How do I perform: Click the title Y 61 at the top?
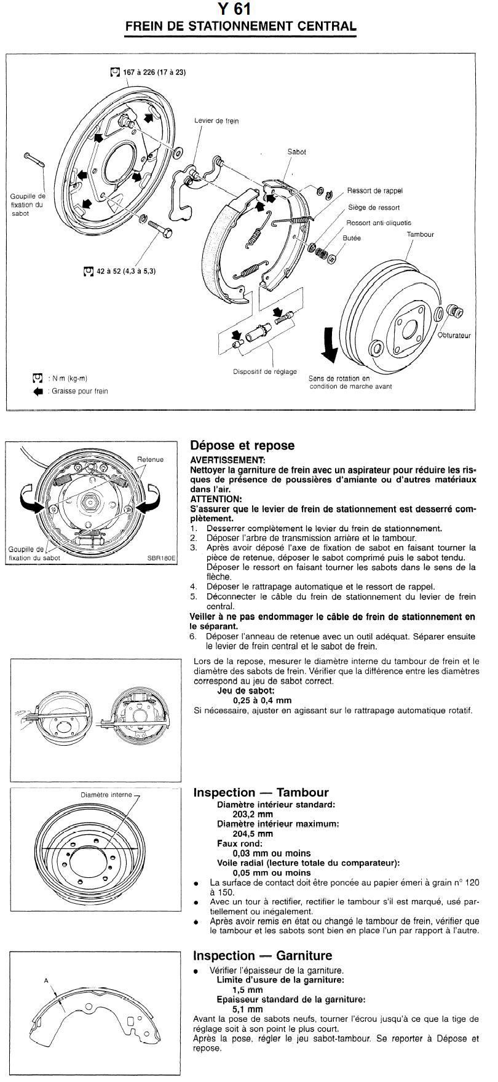click(234, 9)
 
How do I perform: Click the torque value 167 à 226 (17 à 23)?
click(154, 72)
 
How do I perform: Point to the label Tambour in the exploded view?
click(420, 234)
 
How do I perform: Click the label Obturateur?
click(454, 336)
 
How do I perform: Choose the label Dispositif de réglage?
click(265, 371)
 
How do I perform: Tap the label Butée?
click(352, 238)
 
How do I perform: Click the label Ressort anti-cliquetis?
click(379, 223)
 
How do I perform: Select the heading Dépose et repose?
click(242, 445)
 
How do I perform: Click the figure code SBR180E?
click(161, 558)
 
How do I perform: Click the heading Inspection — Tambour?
click(261, 792)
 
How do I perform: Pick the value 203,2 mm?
click(253, 814)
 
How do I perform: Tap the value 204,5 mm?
click(253, 834)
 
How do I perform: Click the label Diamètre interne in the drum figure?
click(106, 795)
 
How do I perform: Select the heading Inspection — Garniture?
click(263, 955)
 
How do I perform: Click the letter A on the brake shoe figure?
click(45, 980)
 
